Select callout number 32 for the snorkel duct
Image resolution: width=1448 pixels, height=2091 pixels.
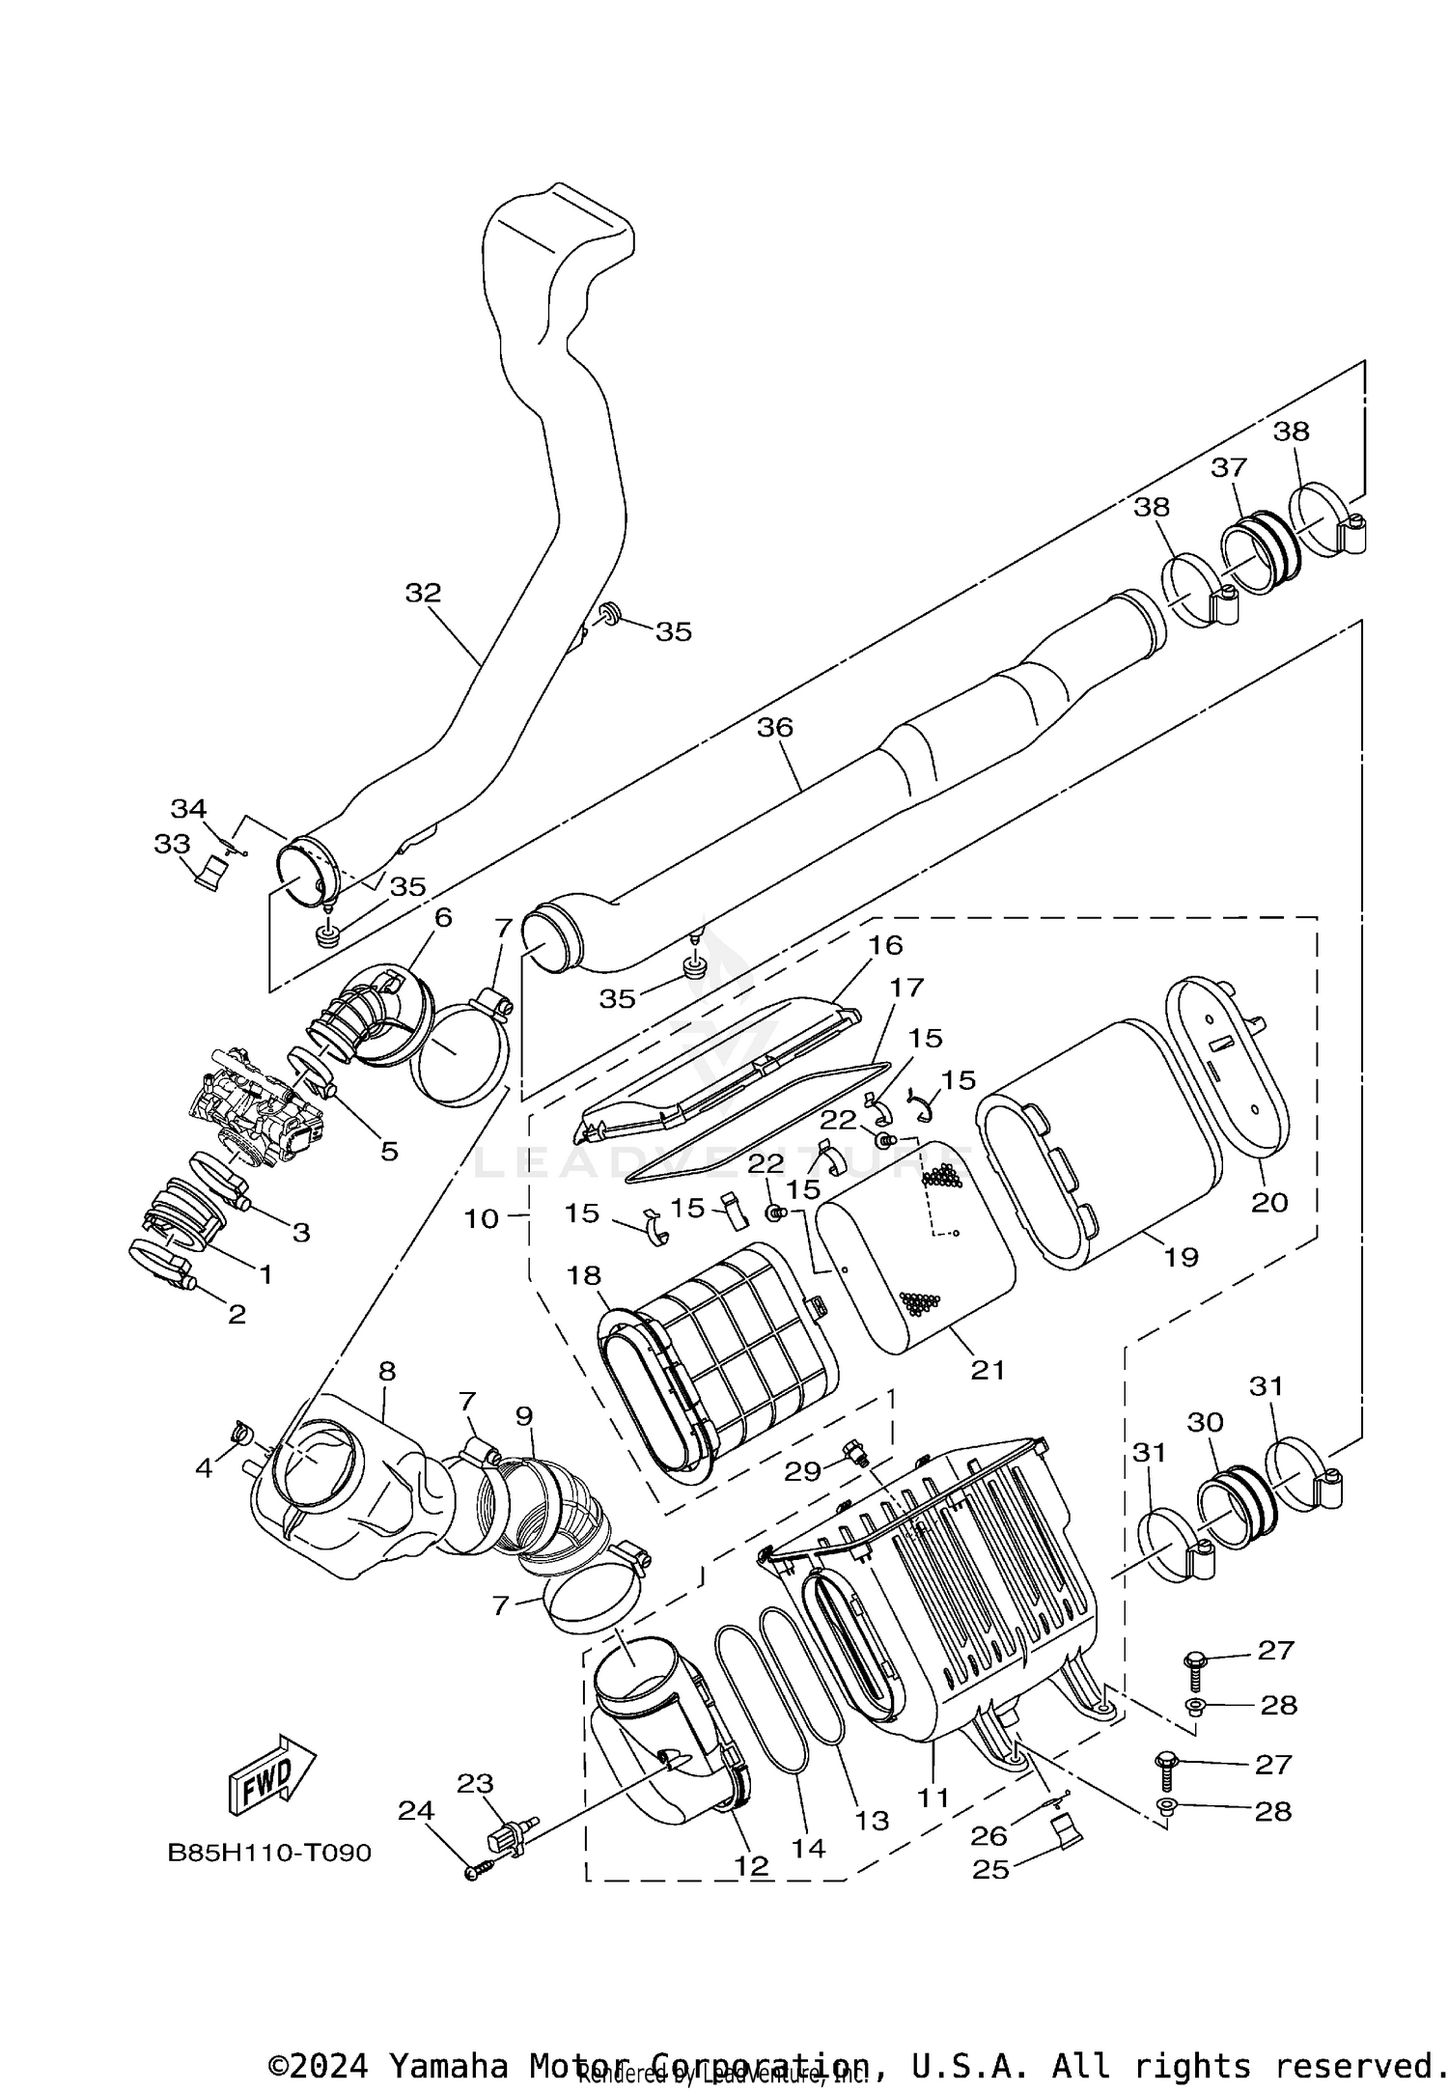coord(423,593)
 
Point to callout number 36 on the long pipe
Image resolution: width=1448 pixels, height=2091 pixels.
coord(774,727)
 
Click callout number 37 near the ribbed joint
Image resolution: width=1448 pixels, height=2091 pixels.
coord(1229,467)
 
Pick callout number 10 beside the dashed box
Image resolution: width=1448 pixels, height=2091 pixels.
coord(482,1218)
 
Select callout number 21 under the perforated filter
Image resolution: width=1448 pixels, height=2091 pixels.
coord(988,1369)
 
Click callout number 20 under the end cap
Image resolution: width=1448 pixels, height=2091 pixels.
coord(1269,1202)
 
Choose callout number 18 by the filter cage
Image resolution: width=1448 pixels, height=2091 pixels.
coord(584,1275)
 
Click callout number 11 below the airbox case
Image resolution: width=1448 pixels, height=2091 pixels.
coord(933,1798)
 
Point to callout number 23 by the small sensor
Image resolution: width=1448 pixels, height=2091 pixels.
coord(475,1784)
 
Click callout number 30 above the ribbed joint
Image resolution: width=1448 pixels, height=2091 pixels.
coord(1205,1422)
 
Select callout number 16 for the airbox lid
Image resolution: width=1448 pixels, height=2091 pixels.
coord(885,944)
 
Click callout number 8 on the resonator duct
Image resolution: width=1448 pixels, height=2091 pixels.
coord(387,1371)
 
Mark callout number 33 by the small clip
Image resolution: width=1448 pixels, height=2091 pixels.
coord(173,844)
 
